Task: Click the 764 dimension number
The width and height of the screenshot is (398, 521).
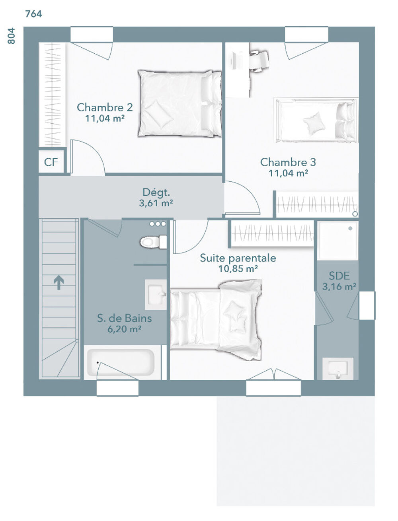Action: (x=33, y=14)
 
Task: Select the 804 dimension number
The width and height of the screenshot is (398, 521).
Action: (x=11, y=36)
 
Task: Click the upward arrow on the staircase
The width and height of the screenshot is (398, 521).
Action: (x=59, y=282)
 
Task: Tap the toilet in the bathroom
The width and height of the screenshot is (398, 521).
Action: (x=153, y=242)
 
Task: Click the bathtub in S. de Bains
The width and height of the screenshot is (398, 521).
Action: (x=121, y=362)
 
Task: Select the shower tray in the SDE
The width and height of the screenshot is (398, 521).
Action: (x=338, y=241)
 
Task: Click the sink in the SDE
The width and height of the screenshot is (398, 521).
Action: (x=338, y=368)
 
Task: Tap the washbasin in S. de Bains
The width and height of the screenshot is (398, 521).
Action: (x=156, y=295)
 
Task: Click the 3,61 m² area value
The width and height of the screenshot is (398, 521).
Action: (x=156, y=203)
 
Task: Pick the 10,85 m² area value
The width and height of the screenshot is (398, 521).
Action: (x=238, y=269)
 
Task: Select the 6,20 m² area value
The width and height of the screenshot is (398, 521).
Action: (x=125, y=329)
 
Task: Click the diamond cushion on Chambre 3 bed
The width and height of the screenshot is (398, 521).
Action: (x=314, y=123)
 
